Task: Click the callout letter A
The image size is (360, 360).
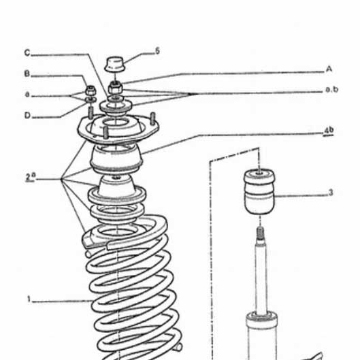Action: point(329,69)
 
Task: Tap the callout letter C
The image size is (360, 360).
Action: point(27,53)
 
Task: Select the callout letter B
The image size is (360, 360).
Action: point(27,73)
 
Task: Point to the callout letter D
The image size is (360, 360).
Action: point(27,115)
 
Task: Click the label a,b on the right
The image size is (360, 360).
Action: point(331,89)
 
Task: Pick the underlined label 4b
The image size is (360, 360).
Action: point(328,131)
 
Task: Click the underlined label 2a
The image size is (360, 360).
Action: point(31,177)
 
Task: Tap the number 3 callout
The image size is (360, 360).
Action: point(331,193)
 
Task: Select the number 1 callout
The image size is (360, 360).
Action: point(29,299)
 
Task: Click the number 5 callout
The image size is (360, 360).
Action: point(157,51)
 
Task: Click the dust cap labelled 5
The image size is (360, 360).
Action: point(115,64)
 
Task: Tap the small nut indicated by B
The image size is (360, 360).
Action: point(91,91)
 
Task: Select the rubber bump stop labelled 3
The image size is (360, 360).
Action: point(259,191)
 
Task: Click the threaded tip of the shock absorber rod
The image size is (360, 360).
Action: point(260,233)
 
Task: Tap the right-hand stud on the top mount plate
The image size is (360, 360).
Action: point(152,118)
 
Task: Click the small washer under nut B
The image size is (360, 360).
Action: point(91,100)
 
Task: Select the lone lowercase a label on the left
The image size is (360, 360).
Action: point(27,95)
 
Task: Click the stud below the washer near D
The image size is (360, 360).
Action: point(91,112)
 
